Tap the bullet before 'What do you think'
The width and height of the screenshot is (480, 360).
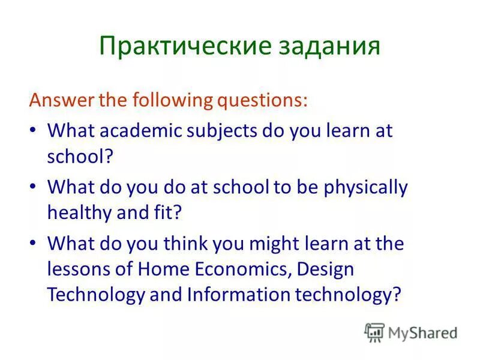[x=33, y=245]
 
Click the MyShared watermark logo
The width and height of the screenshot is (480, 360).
[x=411, y=332]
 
